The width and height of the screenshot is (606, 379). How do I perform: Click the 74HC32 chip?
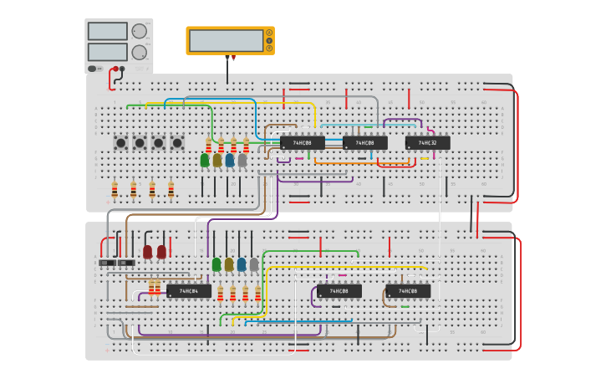[x=427, y=143]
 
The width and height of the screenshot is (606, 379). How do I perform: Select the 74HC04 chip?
[x=189, y=291]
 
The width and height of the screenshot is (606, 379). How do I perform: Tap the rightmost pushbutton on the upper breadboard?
[x=177, y=143]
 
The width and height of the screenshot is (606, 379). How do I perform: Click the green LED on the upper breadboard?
[x=205, y=159]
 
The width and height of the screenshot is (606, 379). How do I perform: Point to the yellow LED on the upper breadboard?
[x=217, y=159]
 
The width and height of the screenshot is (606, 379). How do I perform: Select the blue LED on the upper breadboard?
[x=230, y=159]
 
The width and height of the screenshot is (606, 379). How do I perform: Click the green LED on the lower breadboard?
[x=216, y=264]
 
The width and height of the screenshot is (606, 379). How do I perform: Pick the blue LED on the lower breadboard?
[x=242, y=264]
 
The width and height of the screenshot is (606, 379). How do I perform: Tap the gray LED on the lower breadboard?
[x=254, y=264]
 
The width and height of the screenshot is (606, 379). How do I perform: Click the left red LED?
[x=148, y=251]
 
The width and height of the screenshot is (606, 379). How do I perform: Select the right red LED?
[x=161, y=251]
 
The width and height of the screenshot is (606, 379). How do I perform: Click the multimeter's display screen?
[x=226, y=40]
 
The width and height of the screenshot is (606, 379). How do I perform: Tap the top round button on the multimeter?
[x=269, y=33]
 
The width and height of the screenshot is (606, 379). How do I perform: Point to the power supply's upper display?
[x=107, y=31]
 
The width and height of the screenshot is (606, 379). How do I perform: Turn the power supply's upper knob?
[x=139, y=31]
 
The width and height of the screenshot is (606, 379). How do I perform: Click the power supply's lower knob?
[x=139, y=52]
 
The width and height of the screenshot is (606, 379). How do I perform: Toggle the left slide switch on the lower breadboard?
[x=107, y=263]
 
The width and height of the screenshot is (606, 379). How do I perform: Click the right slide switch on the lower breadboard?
[x=125, y=263]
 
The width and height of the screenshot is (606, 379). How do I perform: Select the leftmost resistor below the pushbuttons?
[x=115, y=190]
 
